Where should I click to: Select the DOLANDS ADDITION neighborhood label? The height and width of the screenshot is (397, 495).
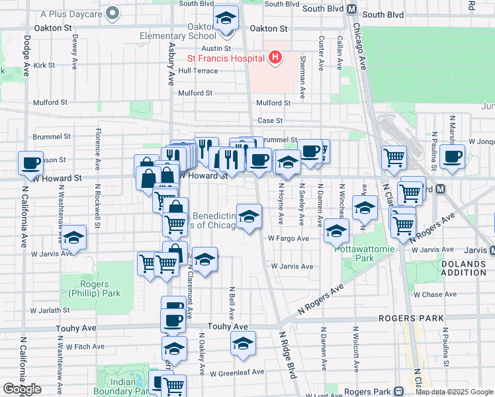point(467,269)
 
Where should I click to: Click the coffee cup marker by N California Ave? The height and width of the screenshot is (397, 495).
point(30,163)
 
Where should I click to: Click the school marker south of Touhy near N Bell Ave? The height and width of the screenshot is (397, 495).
point(243,343)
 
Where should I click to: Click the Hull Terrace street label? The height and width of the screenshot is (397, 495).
point(198,70)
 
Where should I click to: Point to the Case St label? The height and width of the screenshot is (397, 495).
point(270,120)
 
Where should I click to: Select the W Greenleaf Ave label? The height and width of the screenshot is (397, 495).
point(237,372)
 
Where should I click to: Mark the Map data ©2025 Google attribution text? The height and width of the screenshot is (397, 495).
point(454,392)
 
